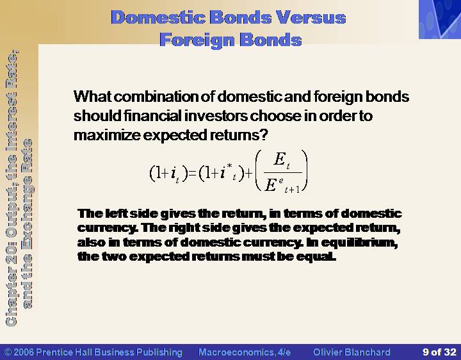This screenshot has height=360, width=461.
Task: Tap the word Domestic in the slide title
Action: (158, 17)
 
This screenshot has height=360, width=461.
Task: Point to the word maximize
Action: (107, 135)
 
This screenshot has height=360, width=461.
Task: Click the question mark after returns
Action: (264, 135)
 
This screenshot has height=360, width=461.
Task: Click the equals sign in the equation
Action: (192, 173)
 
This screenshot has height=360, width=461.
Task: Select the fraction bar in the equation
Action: (283, 173)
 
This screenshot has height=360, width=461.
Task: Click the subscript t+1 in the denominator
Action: (292, 190)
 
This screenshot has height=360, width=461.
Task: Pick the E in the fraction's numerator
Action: (280, 159)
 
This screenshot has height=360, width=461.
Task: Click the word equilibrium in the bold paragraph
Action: (359, 243)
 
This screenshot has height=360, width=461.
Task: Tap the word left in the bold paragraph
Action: (115, 213)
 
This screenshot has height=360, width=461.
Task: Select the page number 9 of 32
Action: (439, 352)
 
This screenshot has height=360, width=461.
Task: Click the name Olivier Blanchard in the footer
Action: (352, 352)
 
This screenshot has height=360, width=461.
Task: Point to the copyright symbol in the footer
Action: (8, 352)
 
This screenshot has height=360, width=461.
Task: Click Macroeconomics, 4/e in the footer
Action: (245, 352)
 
